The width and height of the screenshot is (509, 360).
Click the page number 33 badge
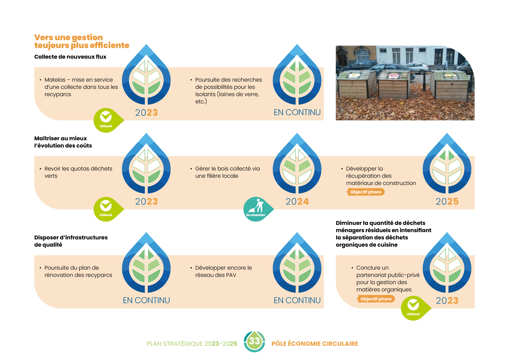tap(254, 342)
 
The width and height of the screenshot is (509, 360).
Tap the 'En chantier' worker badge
tap(256, 209)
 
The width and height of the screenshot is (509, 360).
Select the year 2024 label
tap(297, 202)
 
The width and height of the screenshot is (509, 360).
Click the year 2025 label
tap(447, 202)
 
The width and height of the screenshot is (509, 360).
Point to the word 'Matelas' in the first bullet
tap(55, 80)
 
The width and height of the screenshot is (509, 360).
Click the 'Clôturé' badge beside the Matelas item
tap(106, 120)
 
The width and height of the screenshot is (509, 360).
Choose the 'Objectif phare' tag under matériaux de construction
tap(366, 192)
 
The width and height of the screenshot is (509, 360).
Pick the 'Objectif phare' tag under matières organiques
tap(376, 299)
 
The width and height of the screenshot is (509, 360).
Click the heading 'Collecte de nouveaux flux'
tap(70, 57)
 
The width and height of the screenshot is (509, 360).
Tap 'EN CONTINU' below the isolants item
tap(297, 112)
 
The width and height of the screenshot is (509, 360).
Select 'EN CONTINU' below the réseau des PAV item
tap(297, 300)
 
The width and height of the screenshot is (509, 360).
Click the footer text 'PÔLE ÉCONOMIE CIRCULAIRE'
tap(315, 344)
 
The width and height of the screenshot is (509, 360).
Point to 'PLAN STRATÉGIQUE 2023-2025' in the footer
tap(192, 344)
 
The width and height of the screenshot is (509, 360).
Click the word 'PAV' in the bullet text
tap(231, 275)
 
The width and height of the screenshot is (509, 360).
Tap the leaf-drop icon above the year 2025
tap(447, 165)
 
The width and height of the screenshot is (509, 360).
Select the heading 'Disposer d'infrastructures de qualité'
tap(71, 241)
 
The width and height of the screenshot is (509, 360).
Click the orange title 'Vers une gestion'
tap(69, 37)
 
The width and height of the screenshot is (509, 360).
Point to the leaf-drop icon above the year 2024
tap(297, 165)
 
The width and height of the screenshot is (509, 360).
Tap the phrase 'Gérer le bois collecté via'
tap(227, 169)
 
